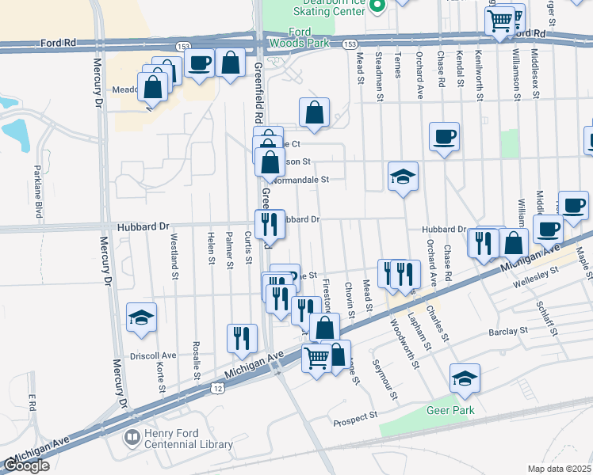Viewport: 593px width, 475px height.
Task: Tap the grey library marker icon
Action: [x=132, y=437]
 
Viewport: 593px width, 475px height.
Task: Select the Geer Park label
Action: [x=452, y=410]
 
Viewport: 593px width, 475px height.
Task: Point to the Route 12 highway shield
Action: [x=219, y=389]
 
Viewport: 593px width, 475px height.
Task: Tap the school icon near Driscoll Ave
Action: [x=142, y=318]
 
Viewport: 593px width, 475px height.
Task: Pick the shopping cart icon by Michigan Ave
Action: [x=316, y=359]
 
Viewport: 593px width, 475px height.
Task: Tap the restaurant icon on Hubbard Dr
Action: [x=270, y=225]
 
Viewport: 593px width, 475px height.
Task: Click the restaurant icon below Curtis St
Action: [x=242, y=338]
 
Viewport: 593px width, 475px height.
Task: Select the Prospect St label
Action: [x=356, y=417]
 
